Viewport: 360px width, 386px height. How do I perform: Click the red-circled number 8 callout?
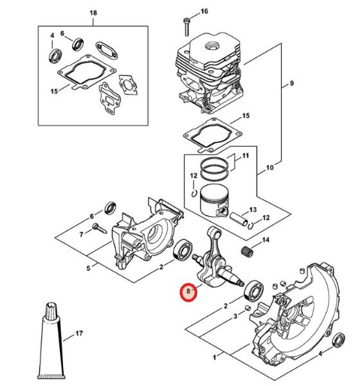[x=188, y=291]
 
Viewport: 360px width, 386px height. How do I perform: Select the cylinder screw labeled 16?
[x=186, y=27]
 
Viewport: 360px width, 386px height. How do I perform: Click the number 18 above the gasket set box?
[x=93, y=13]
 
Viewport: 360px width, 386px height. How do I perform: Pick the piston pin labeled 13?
[x=239, y=219]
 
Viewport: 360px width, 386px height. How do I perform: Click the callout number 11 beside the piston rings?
[x=246, y=156]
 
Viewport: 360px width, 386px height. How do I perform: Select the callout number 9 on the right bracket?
[x=292, y=83]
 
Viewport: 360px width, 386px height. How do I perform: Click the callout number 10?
[x=270, y=168]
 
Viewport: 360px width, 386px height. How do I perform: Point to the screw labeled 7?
[x=99, y=228]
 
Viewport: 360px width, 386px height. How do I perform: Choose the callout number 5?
[x=88, y=268]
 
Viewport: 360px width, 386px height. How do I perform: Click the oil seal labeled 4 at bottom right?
[x=338, y=340]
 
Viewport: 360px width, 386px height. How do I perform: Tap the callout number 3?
[x=235, y=316]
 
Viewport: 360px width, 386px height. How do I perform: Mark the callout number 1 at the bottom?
[x=214, y=358]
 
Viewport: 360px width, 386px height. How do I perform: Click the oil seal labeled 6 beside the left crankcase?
[x=110, y=208]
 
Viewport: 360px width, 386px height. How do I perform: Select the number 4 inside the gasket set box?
[x=52, y=35]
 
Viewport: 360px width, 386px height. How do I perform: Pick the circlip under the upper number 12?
[x=194, y=193]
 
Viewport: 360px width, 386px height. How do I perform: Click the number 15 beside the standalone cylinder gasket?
[x=246, y=115]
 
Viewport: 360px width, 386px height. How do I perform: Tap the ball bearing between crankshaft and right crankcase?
[x=253, y=292]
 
